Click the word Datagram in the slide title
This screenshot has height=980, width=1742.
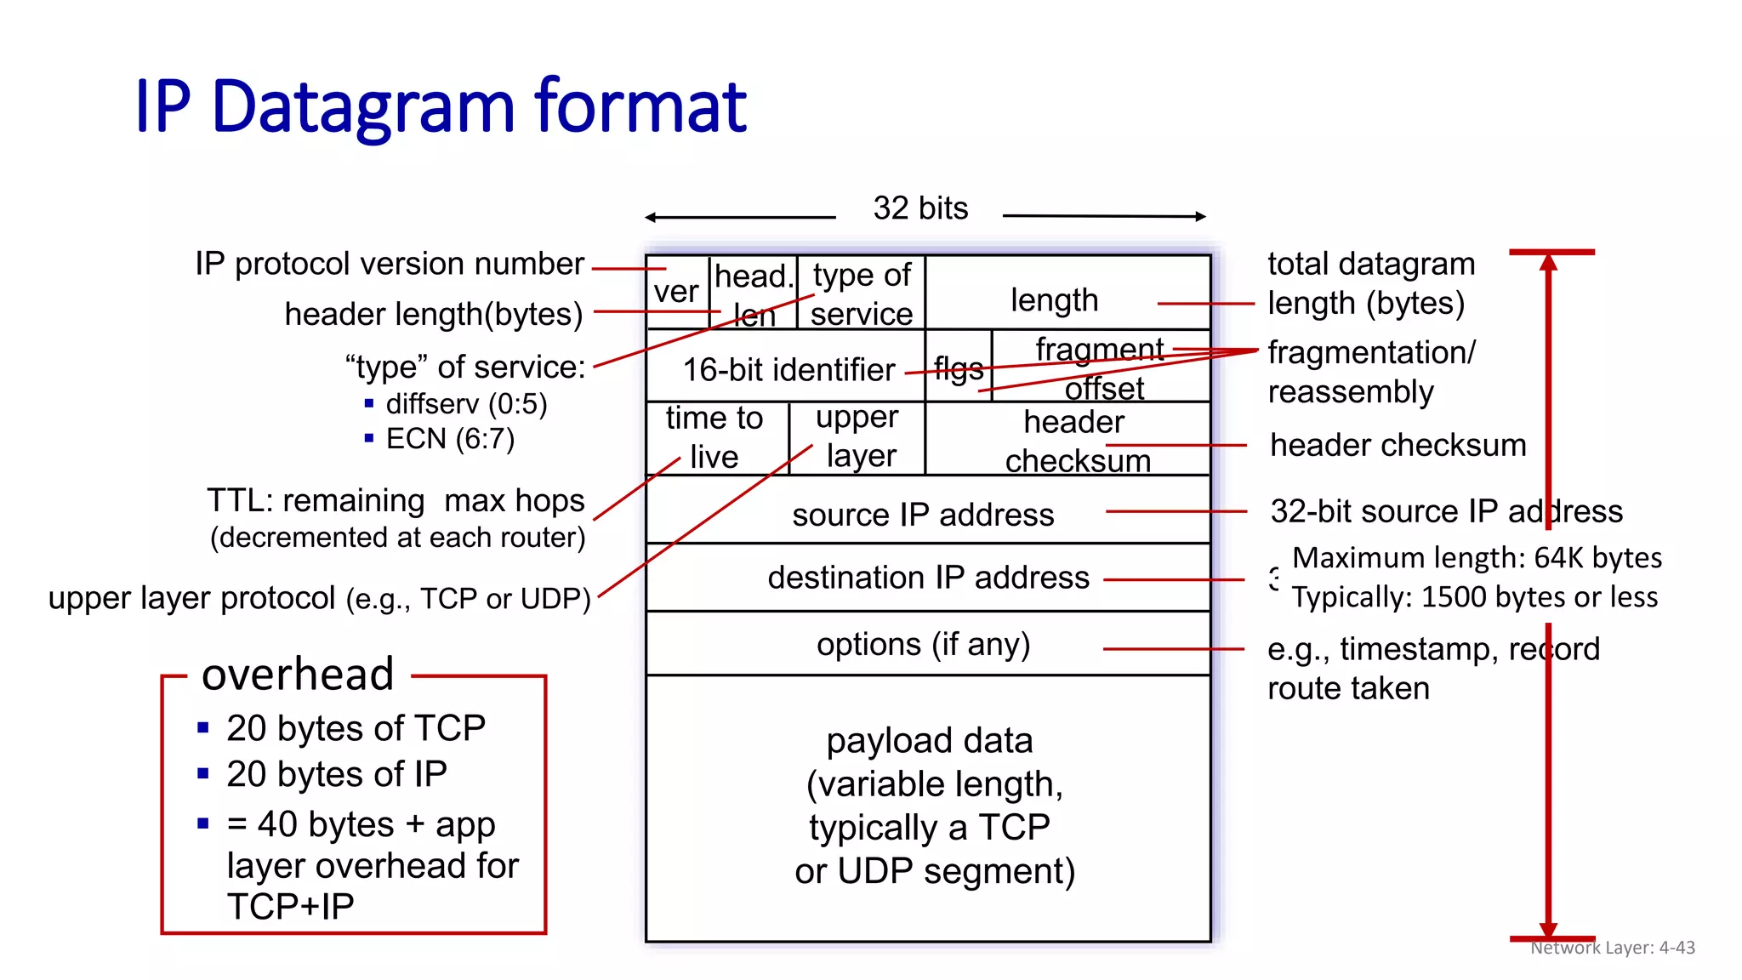363,107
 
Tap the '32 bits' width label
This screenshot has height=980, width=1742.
920,208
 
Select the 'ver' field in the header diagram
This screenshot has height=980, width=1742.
676,292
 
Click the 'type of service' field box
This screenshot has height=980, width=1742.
861,293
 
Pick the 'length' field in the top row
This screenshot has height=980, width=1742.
1054,299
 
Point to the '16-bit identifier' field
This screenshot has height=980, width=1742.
788,369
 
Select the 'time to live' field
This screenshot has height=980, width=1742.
714,437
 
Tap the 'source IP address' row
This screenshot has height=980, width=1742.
923,515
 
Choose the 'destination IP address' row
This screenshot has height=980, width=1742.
928,578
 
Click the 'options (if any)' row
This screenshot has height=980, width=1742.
923,644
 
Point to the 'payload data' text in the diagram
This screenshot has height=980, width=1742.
929,740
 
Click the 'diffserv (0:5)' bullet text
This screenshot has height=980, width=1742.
466,404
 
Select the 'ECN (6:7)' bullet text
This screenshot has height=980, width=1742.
450,439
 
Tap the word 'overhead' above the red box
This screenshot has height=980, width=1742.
298,674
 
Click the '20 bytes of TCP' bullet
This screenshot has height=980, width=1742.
356,728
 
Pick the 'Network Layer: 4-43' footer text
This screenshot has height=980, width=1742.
1612,948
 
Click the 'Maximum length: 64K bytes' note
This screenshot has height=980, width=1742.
1477,558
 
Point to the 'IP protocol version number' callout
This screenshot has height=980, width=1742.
389,264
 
